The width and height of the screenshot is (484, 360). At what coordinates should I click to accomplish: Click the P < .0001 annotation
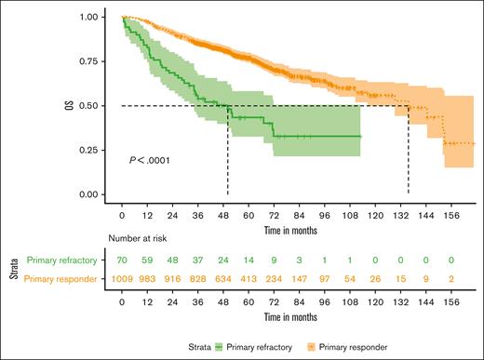click(x=150, y=161)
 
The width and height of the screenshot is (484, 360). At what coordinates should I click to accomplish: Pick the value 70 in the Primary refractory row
click(x=123, y=261)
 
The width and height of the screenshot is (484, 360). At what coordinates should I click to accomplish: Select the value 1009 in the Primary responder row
click(x=123, y=280)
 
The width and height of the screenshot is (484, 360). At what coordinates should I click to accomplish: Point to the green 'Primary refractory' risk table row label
click(x=65, y=261)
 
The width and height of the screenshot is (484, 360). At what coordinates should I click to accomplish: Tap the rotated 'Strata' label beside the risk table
click(x=13, y=271)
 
